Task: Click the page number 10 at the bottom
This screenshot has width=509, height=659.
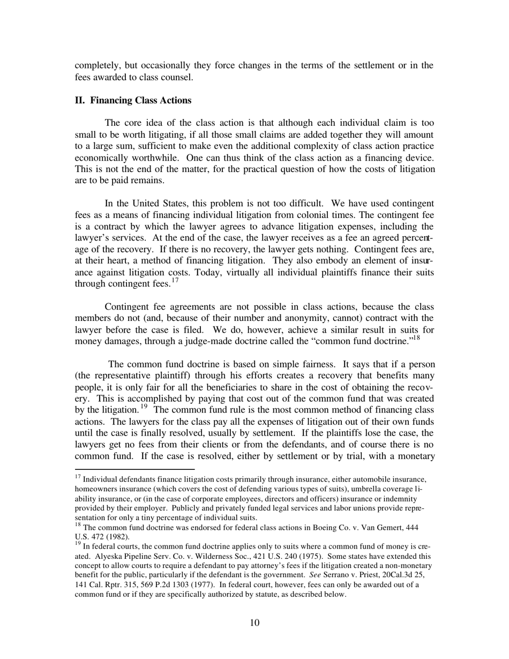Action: click(x=254, y=622)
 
